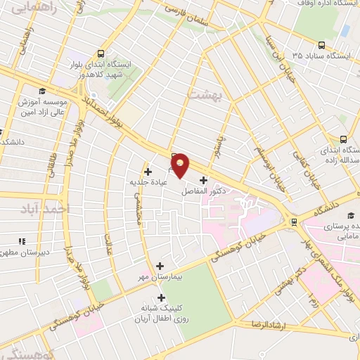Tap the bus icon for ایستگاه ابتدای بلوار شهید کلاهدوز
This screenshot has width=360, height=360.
[x=101, y=53]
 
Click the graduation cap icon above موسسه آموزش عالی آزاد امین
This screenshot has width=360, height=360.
[x=41, y=91]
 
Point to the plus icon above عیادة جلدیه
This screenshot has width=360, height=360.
[x=148, y=171]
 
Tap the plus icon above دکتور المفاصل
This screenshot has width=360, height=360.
[x=203, y=180]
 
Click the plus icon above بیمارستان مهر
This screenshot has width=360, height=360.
[x=160, y=266]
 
